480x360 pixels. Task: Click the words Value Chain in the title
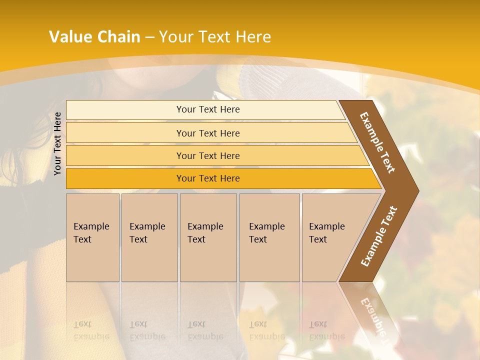94,37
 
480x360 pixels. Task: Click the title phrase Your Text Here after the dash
215,37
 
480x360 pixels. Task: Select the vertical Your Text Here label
57,143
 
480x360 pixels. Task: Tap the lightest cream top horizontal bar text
208,109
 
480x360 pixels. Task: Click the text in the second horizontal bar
208,133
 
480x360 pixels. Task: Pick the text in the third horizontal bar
208,155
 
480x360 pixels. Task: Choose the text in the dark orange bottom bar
208,178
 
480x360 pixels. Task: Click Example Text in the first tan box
91,233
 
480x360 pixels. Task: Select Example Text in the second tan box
147,233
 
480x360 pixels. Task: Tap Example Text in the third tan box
205,233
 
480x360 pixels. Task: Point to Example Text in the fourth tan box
266,233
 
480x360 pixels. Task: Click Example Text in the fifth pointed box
326,233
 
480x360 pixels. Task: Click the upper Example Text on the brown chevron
377,142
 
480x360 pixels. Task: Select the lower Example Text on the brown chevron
378,236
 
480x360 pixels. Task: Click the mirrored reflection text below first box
91,330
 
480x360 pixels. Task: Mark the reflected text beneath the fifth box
326,330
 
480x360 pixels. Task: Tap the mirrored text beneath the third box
205,330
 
